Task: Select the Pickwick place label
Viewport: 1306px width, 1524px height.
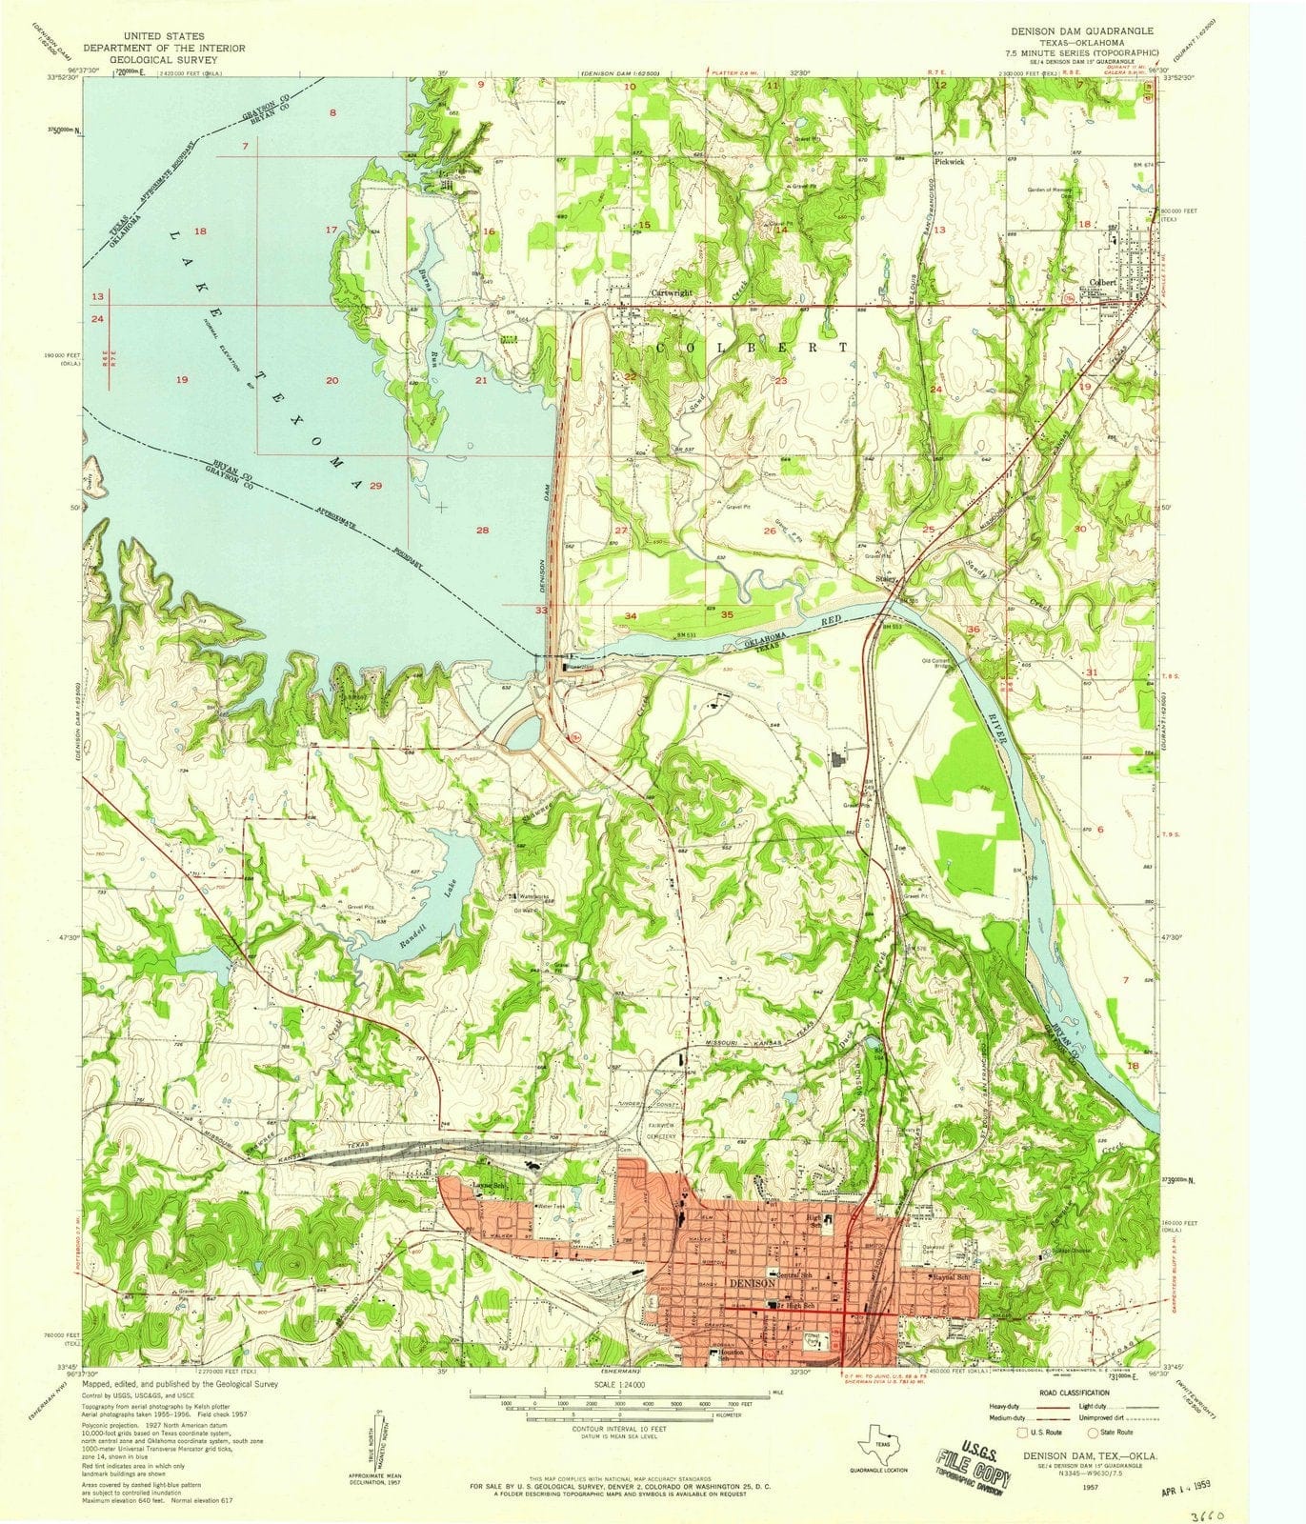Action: [950, 162]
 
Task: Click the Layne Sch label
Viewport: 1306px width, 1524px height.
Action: [489, 1185]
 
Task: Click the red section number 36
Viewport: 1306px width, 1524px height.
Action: [973, 630]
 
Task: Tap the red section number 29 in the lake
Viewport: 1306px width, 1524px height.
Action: [375, 487]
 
